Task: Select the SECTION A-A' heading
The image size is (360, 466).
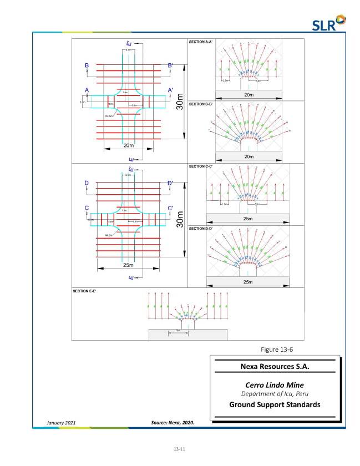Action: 201,42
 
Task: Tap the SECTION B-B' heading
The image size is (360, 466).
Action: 201,104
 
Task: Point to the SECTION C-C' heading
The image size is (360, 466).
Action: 201,166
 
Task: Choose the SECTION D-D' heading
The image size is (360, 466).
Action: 201,228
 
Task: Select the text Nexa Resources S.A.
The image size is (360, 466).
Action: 275,367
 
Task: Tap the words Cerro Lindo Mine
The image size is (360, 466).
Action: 275,384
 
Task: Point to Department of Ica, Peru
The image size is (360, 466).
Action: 275,394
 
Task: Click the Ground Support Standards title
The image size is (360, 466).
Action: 275,404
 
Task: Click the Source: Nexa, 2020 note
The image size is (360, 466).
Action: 173,423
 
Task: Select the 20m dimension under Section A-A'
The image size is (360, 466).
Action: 248,95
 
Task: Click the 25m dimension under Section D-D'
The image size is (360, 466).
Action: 248,282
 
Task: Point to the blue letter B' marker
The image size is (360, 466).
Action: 170,65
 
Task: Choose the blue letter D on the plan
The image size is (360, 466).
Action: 87,183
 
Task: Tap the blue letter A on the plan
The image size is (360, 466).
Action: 87,89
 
